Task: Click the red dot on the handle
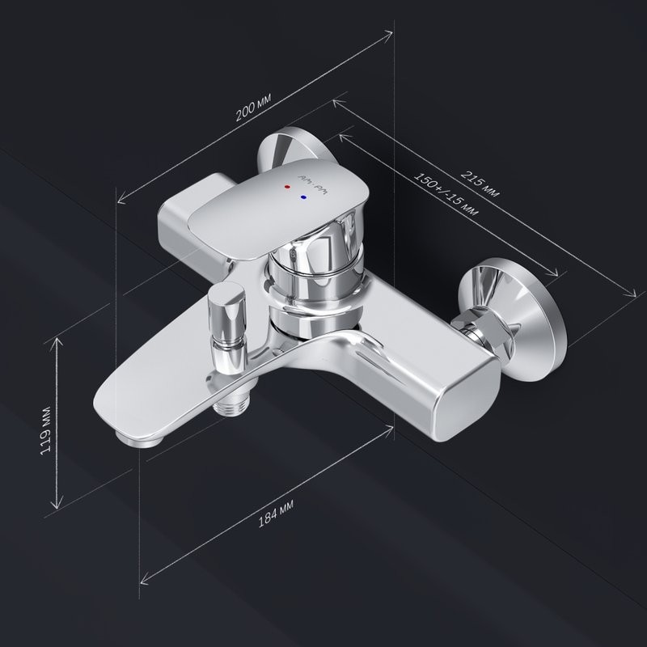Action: (285, 186)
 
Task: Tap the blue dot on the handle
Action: (303, 197)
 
